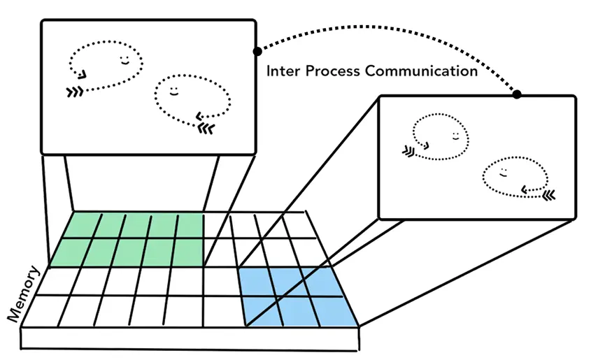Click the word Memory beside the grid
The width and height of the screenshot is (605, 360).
[x=23, y=294]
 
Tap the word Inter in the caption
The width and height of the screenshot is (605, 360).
[x=283, y=71]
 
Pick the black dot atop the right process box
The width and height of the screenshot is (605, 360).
[x=517, y=94]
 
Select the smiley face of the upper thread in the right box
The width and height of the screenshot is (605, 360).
[x=455, y=136]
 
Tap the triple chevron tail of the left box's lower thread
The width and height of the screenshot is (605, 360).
[x=206, y=128]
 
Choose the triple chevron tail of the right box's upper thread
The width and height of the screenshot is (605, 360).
[x=409, y=150]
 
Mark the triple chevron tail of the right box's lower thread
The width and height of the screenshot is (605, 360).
[x=548, y=193]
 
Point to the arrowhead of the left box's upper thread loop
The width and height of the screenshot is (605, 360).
[x=82, y=75]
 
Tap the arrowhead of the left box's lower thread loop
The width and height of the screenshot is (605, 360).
[x=200, y=117]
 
